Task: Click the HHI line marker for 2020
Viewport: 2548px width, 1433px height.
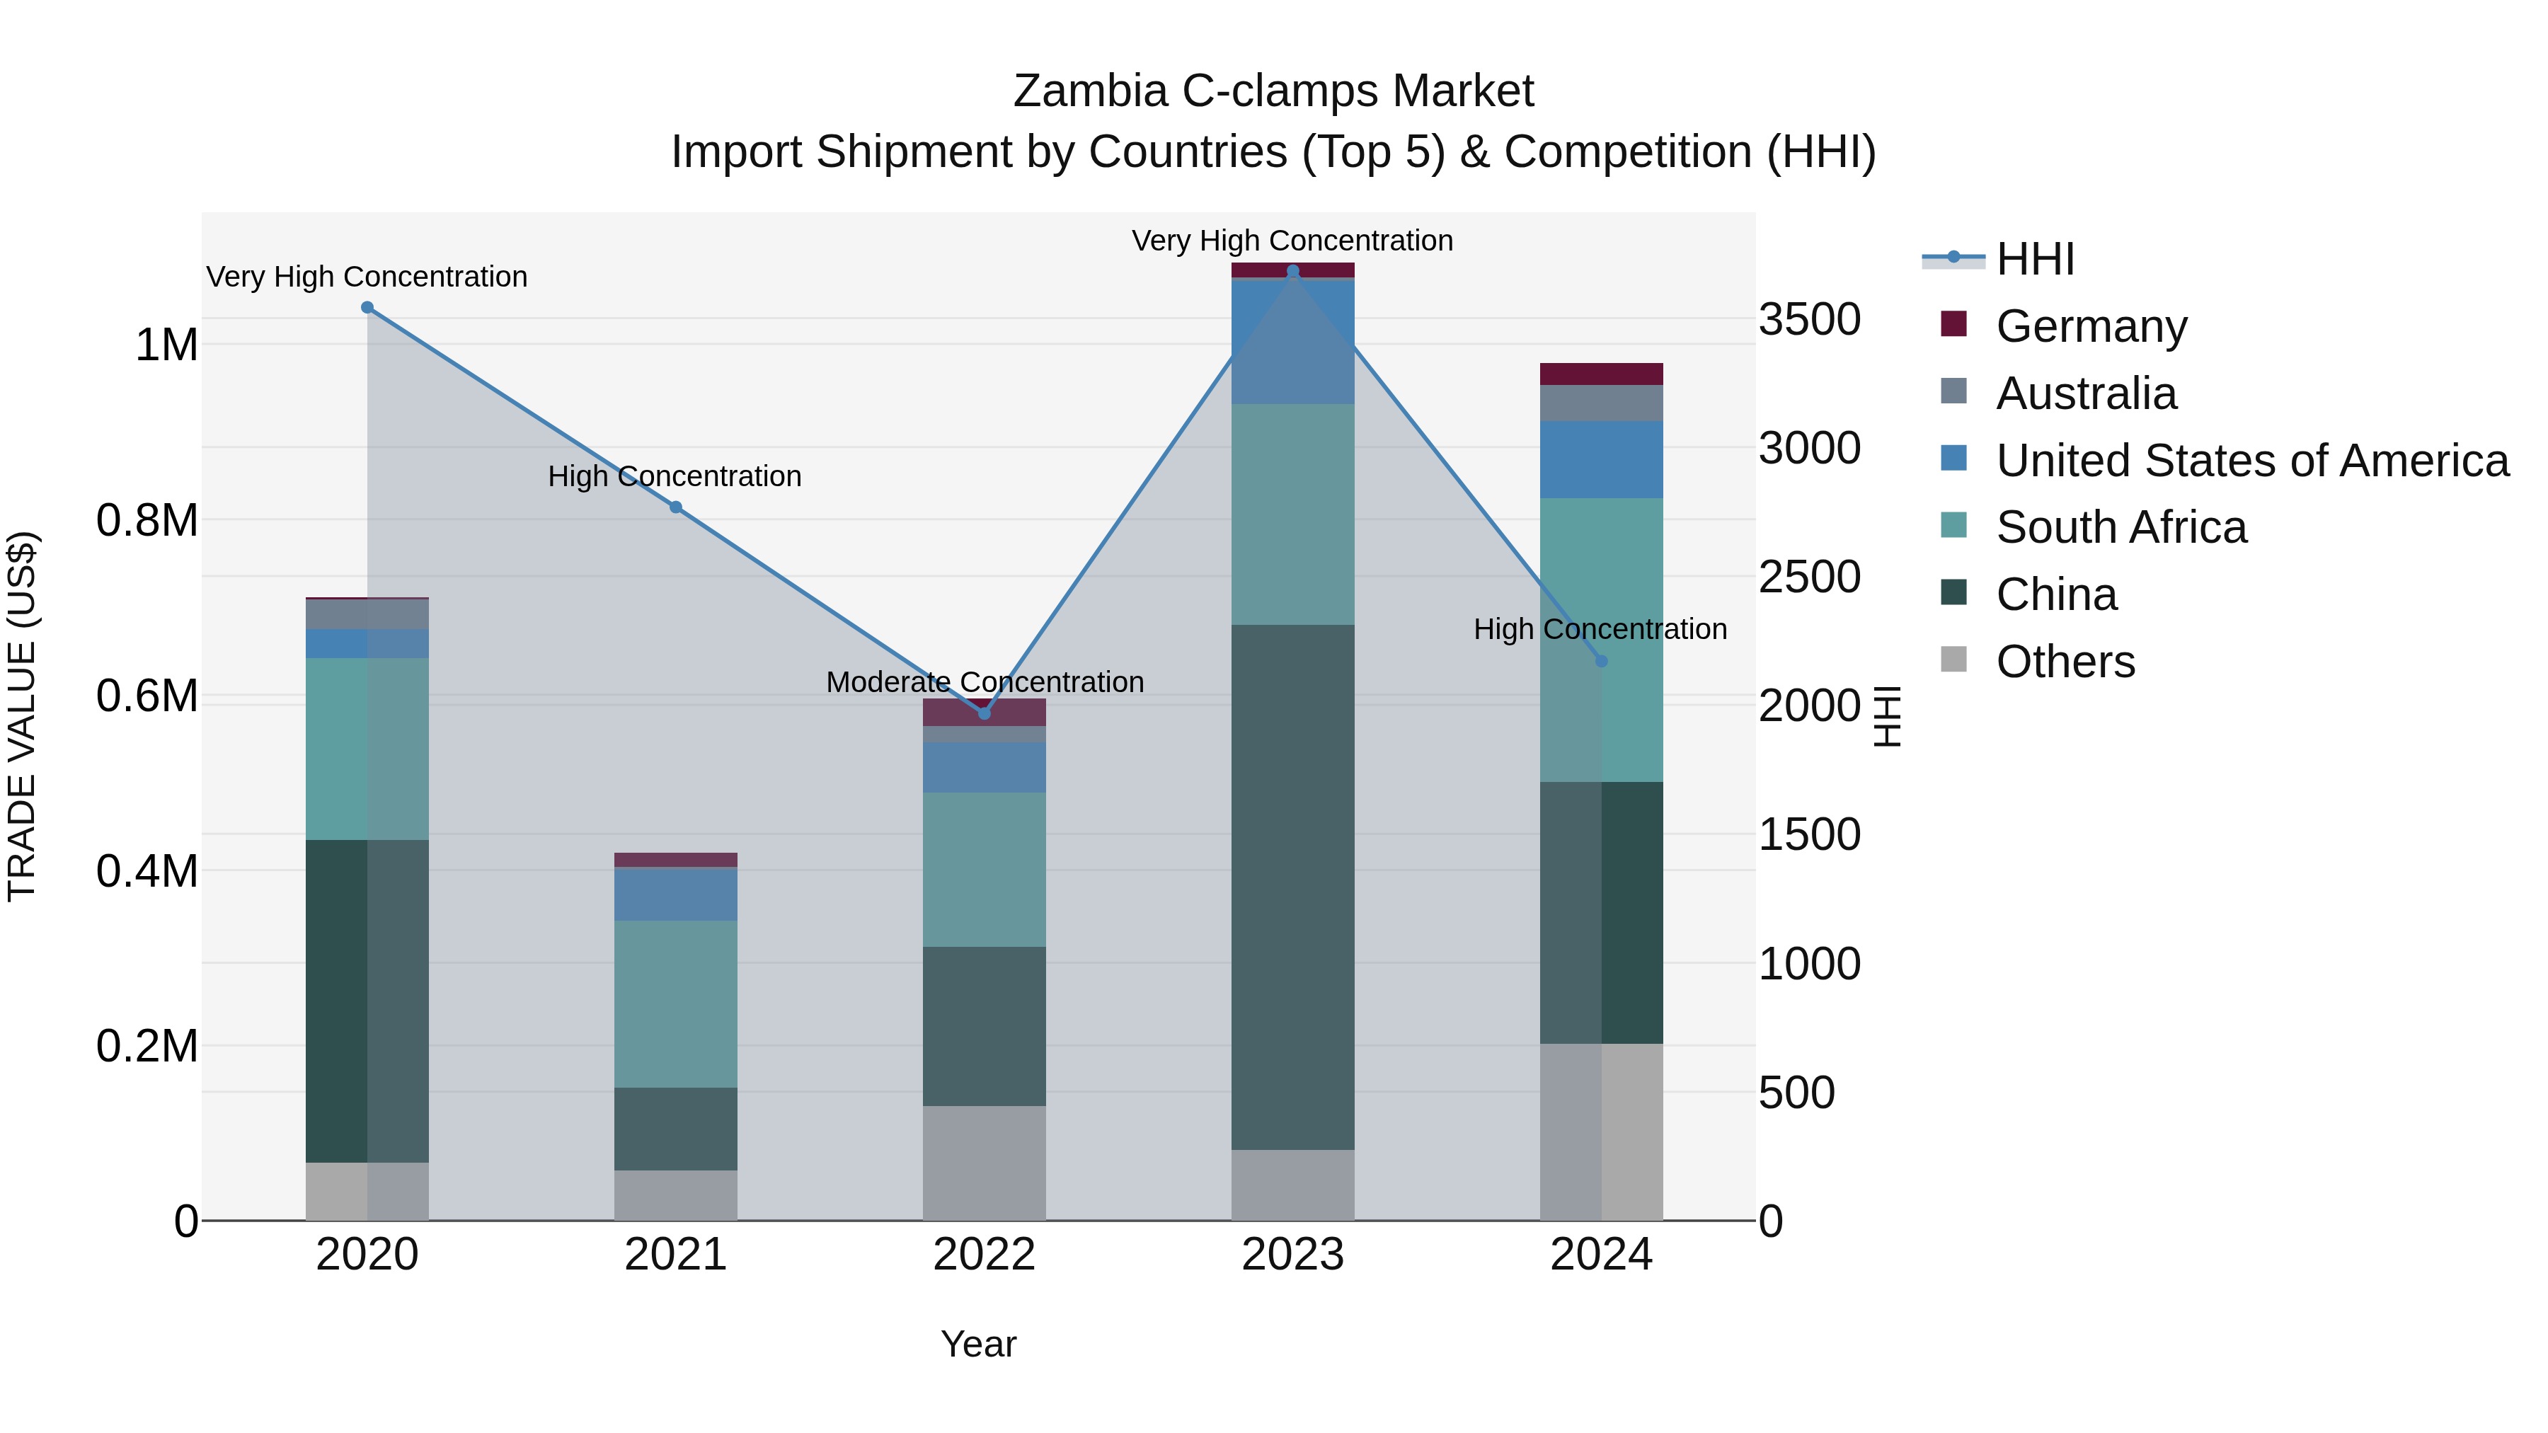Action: click(x=367, y=308)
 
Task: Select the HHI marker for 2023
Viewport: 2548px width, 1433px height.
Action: click(x=1293, y=271)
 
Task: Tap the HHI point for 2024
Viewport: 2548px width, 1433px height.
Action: click(x=1602, y=661)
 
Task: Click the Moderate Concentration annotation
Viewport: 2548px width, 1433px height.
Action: click(x=985, y=682)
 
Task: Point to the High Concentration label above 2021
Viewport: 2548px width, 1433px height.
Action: click(x=675, y=477)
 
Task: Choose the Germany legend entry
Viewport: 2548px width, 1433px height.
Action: click(x=2091, y=326)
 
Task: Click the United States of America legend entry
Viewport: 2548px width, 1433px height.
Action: click(x=2251, y=461)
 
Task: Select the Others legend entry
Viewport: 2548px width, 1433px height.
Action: click(x=2065, y=662)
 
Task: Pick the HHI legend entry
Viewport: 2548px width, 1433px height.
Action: click(x=2035, y=259)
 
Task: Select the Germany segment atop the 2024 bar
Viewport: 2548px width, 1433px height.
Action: click(x=1602, y=374)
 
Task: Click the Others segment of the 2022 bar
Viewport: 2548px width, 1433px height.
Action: click(x=985, y=1162)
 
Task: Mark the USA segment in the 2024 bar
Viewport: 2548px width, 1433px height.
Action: click(x=1602, y=460)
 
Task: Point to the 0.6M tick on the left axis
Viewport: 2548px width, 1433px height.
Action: click(x=147, y=696)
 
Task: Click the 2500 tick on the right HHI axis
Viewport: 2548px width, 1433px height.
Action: click(x=1809, y=577)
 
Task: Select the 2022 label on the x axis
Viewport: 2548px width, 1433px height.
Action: click(x=985, y=1255)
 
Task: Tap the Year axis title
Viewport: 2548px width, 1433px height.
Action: click(x=978, y=1344)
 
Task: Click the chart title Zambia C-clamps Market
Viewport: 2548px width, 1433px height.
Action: click(x=1273, y=91)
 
